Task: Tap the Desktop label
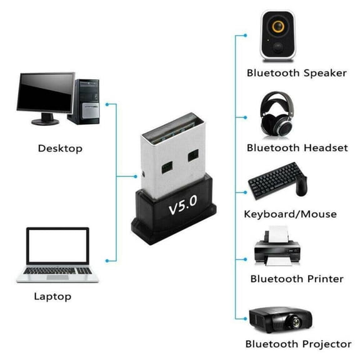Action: [60, 149]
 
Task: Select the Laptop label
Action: [52, 296]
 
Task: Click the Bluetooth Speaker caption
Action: [296, 73]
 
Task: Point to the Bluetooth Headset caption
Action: [297, 148]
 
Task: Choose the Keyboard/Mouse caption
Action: [290, 214]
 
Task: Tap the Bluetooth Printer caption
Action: [297, 279]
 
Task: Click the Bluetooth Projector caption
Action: [298, 344]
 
